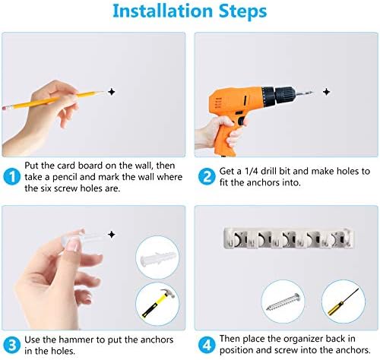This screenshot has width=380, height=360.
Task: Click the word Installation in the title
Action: click(163, 11)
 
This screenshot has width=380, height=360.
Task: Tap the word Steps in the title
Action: click(242, 11)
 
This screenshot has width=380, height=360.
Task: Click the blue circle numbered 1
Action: click(12, 176)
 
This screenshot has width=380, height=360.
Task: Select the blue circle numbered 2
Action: click(207, 176)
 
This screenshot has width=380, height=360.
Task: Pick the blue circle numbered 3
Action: click(12, 345)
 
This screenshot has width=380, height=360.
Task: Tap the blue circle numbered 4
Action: click(207, 345)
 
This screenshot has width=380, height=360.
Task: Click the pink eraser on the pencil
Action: click(5, 108)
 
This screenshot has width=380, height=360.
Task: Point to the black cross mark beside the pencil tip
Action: click(112, 92)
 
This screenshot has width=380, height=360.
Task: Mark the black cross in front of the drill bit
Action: click(327, 92)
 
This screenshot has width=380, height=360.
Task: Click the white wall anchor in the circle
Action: click(157, 258)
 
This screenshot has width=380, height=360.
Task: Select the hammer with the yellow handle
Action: click(157, 303)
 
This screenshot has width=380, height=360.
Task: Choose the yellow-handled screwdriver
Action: click(344, 302)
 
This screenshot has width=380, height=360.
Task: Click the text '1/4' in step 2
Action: click(251, 172)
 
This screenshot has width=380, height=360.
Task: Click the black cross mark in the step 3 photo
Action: click(112, 235)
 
